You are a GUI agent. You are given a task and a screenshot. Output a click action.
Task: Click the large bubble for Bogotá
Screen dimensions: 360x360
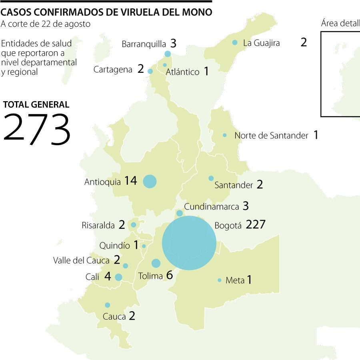pyautogui.click(x=189, y=243)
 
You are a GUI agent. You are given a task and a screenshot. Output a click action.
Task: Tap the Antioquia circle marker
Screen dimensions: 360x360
pyautogui.click(x=150, y=181)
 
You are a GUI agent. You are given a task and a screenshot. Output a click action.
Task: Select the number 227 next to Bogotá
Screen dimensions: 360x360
pyautogui.click(x=256, y=224)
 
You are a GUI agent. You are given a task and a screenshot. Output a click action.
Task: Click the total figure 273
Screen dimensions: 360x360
pyautogui.click(x=37, y=129)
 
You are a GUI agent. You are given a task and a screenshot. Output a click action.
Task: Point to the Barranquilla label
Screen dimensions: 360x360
pyautogui.click(x=144, y=44)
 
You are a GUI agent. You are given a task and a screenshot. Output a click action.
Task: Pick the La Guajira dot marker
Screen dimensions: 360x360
pyautogui.click(x=235, y=42)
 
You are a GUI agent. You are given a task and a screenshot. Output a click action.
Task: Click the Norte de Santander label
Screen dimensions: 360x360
pyautogui.click(x=271, y=136)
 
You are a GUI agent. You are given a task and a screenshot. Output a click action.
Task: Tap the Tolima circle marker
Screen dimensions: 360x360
pyautogui.click(x=156, y=263)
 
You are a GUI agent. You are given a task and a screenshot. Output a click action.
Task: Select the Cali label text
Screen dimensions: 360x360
pyautogui.click(x=92, y=277)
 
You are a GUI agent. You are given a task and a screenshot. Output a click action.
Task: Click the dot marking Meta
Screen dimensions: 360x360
pyautogui.click(x=220, y=280)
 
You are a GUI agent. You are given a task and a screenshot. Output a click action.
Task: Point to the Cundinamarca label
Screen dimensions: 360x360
pyautogui.click(x=211, y=207)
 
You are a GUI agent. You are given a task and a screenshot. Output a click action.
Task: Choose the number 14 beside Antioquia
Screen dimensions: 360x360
pyautogui.click(x=130, y=181)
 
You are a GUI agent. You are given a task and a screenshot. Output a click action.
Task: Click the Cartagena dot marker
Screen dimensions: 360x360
pyautogui.click(x=150, y=71)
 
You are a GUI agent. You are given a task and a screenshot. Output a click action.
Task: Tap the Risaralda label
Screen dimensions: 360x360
pyautogui.click(x=98, y=225)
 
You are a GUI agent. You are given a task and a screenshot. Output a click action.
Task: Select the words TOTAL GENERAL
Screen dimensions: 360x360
pyautogui.click(x=36, y=105)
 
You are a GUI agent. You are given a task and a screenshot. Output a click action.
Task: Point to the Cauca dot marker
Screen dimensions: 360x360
pyautogui.click(x=108, y=305)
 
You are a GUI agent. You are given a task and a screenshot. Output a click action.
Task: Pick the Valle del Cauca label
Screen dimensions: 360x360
pyautogui.click(x=81, y=260)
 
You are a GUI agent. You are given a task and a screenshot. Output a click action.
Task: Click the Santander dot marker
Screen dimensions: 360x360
pyautogui.click(x=211, y=178)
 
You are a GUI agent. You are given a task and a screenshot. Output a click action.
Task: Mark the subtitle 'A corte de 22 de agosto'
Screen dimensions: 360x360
pyautogui.click(x=46, y=24)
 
